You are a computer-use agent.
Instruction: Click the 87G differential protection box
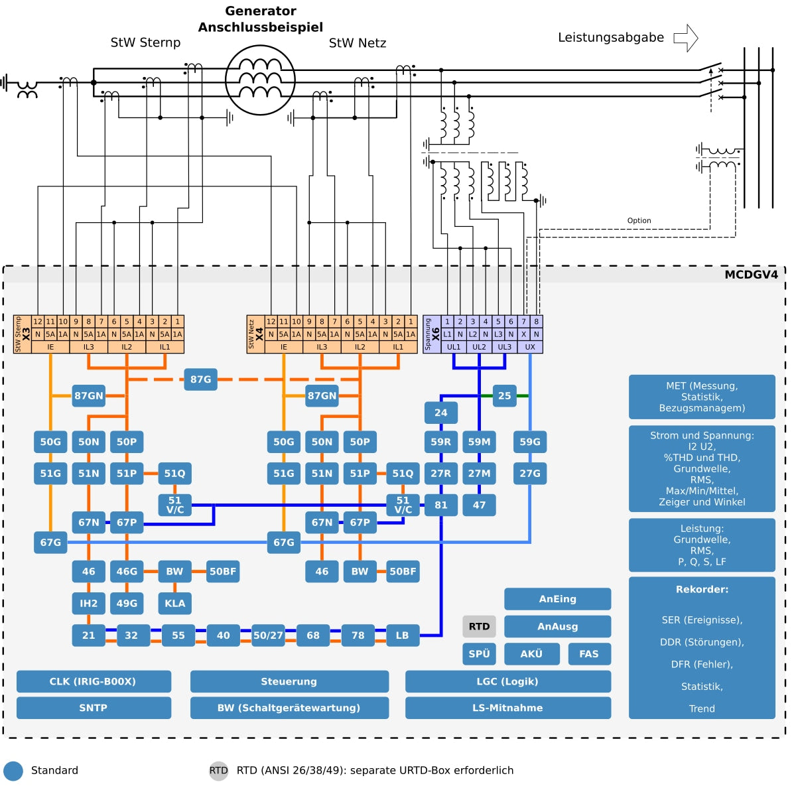200,379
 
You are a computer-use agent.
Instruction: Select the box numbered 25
504,396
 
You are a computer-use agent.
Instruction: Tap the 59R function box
440,442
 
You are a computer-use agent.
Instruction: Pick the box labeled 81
440,505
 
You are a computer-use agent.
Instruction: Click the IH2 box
88,603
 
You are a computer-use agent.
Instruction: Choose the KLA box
174,603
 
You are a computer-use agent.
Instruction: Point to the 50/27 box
268,635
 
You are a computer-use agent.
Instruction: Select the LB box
402,635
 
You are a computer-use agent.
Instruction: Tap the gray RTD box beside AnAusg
479,626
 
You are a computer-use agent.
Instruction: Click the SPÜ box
479,654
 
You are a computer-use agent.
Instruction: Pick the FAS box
589,654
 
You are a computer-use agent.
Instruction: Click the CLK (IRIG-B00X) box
94,681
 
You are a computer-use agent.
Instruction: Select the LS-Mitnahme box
507,708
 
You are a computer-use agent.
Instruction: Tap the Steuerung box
289,681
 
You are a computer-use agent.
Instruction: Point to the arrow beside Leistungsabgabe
686,38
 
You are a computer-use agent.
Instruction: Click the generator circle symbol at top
260,80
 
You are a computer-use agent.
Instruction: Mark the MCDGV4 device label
751,275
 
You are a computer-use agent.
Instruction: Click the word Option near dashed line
639,221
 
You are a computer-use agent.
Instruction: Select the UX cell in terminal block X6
530,347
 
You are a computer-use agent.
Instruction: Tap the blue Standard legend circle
13,771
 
